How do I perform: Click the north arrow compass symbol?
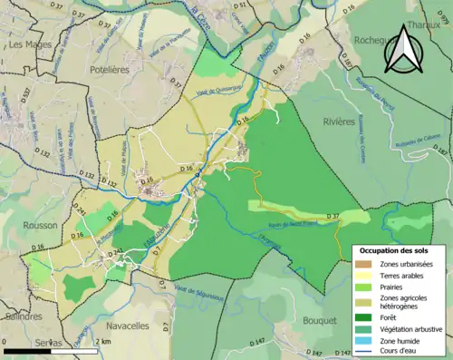(x=404, y=50)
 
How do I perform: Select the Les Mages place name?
(x=28, y=44)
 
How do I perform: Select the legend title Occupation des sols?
(x=395, y=249)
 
